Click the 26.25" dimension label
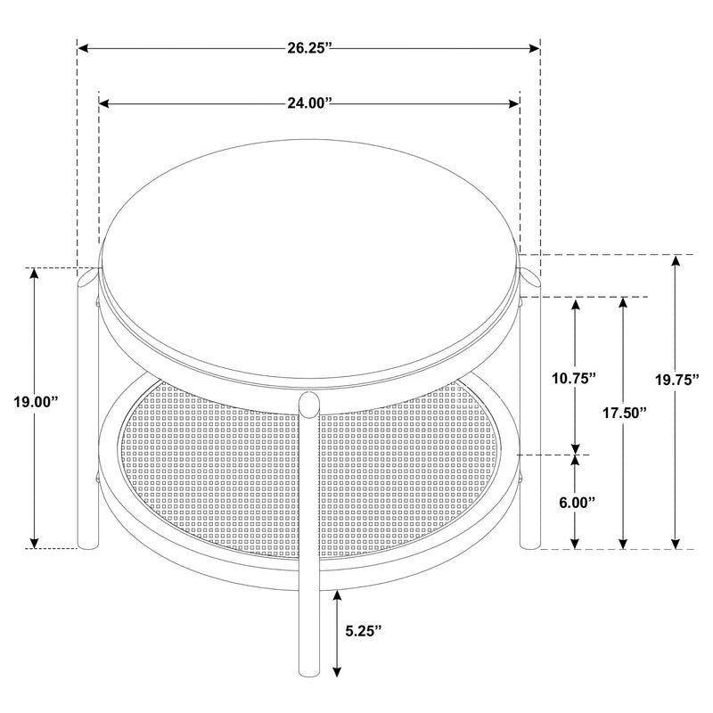click(309, 48)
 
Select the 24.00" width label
click(309, 104)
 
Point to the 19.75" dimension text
click(676, 380)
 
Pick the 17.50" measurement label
click(623, 412)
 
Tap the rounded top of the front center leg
click(309, 403)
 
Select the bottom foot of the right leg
click(530, 543)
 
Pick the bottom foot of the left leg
click(87, 543)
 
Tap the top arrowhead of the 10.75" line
click(576, 304)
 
